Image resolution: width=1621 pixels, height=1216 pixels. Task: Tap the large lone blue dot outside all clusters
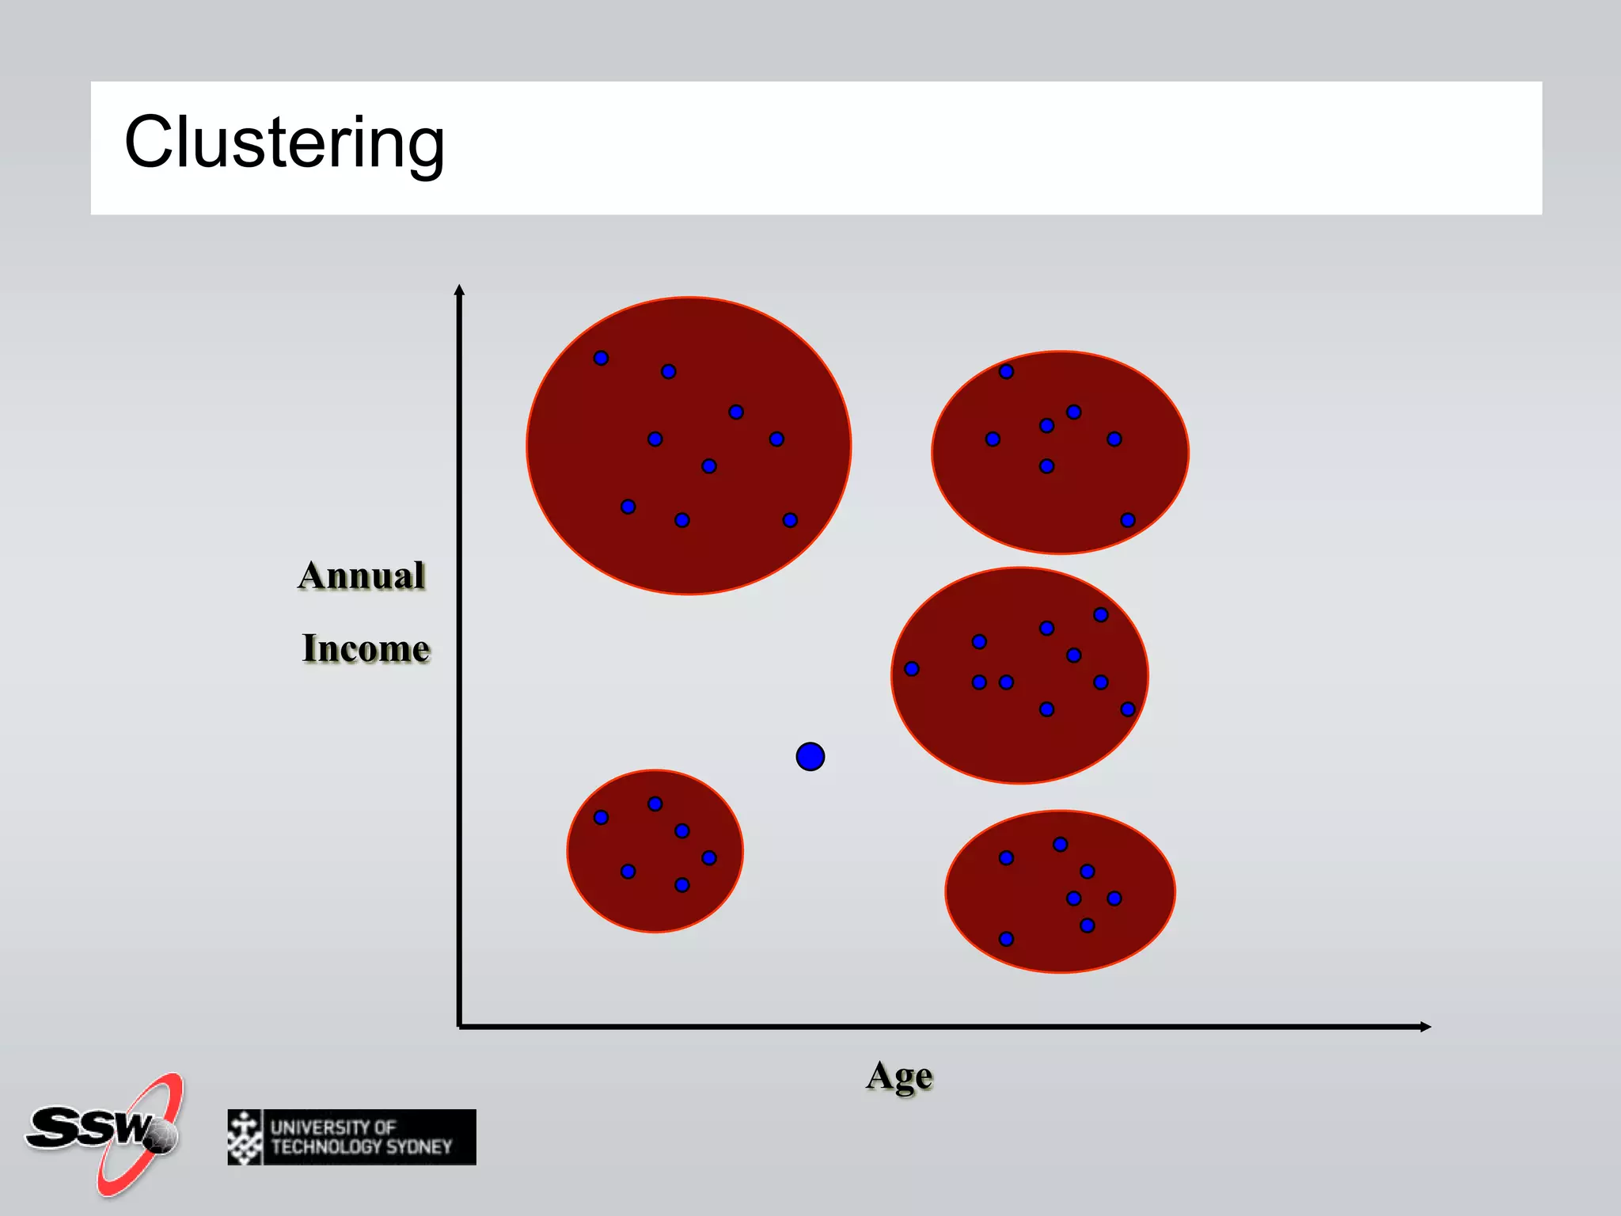[810, 757]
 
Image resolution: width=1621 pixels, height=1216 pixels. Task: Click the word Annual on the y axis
[362, 576]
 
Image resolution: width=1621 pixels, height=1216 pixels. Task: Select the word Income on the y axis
[366, 648]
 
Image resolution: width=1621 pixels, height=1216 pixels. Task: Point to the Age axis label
[899, 1076]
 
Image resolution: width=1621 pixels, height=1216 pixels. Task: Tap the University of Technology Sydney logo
[351, 1137]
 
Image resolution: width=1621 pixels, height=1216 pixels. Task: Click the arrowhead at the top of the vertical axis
[459, 290]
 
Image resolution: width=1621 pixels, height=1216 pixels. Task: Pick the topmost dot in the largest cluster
[601, 358]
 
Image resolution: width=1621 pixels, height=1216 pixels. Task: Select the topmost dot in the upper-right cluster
[1006, 371]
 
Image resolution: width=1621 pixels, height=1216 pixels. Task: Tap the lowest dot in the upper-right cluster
[1128, 520]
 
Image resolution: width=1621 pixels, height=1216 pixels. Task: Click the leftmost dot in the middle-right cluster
[912, 669]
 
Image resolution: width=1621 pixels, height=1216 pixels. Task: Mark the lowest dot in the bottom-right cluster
[1006, 939]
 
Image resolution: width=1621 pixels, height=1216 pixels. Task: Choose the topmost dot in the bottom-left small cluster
[655, 804]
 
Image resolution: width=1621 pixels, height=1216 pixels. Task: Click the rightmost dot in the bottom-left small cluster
[709, 857]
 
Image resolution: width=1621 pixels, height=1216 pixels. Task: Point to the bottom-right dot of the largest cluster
[790, 520]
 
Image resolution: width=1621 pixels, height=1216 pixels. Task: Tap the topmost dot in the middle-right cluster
[1101, 614]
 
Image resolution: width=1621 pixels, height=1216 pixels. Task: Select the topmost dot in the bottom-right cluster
[1061, 845]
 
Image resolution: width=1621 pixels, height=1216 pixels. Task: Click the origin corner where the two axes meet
[460, 1026]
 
